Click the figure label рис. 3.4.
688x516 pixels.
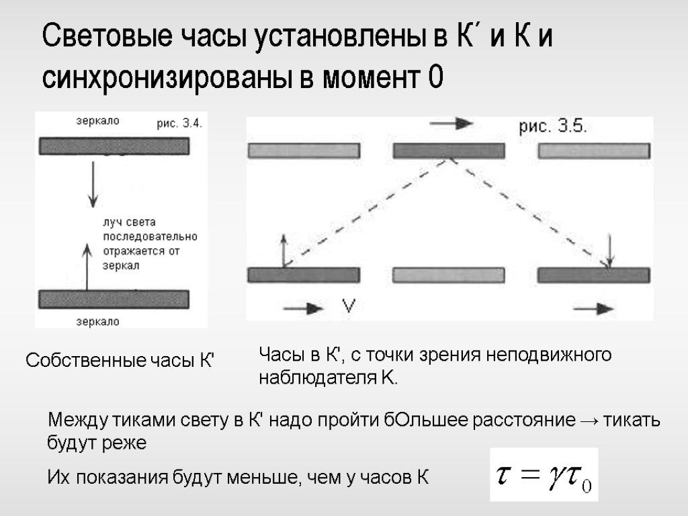coord(179,124)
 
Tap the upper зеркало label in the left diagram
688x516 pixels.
coord(97,121)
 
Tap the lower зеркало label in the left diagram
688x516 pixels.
coord(97,322)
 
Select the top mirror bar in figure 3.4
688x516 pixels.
coord(114,146)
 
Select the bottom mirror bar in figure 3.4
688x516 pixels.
coord(114,298)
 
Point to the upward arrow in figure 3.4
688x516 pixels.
coord(86,265)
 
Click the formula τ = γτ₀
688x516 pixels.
coord(543,475)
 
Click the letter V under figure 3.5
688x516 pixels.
coord(349,307)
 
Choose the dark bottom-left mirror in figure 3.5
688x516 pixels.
coord(304,275)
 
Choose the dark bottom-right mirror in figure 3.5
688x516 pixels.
coord(593,275)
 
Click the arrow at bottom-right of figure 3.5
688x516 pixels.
coord(594,308)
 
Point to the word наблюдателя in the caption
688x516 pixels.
coord(314,378)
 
